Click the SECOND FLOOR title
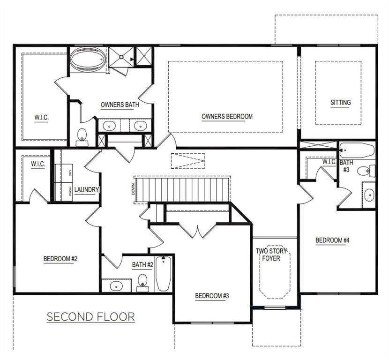pyautogui.click(x=91, y=317)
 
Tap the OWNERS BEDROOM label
pyautogui.click(x=227, y=116)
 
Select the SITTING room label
pyautogui.click(x=341, y=102)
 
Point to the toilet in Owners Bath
pyautogui.click(x=82, y=138)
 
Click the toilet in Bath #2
pyautogui.click(x=142, y=283)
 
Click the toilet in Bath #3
pyautogui.click(x=366, y=171)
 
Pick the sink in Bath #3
pyautogui.click(x=369, y=195)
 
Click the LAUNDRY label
pyautogui.click(x=87, y=190)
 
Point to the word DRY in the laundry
pyautogui.click(x=70, y=173)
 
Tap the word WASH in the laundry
pyautogui.click(x=70, y=191)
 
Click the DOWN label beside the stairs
pyautogui.click(x=133, y=189)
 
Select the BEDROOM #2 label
pyautogui.click(x=60, y=259)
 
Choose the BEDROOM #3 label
pyautogui.click(x=212, y=296)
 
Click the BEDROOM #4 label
pyautogui.click(x=332, y=240)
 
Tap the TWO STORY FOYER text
pyautogui.click(x=271, y=255)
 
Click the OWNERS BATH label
pyautogui.click(x=120, y=105)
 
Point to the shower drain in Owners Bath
pyautogui.click(x=121, y=57)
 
